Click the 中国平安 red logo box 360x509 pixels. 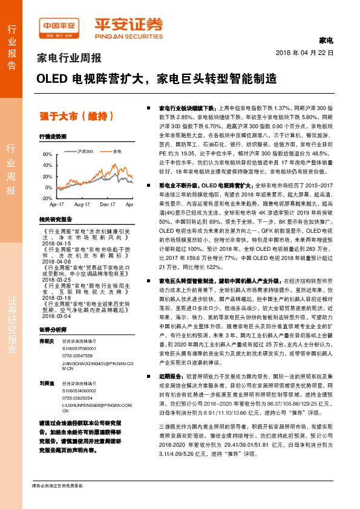coord(59,26)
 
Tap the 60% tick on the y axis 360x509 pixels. coord(47,155)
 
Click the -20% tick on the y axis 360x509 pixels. coord(46,198)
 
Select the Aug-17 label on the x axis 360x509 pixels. coord(82,206)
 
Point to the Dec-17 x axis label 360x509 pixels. coord(107,206)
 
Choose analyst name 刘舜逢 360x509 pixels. coord(47,383)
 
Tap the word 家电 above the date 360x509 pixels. coord(326,41)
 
